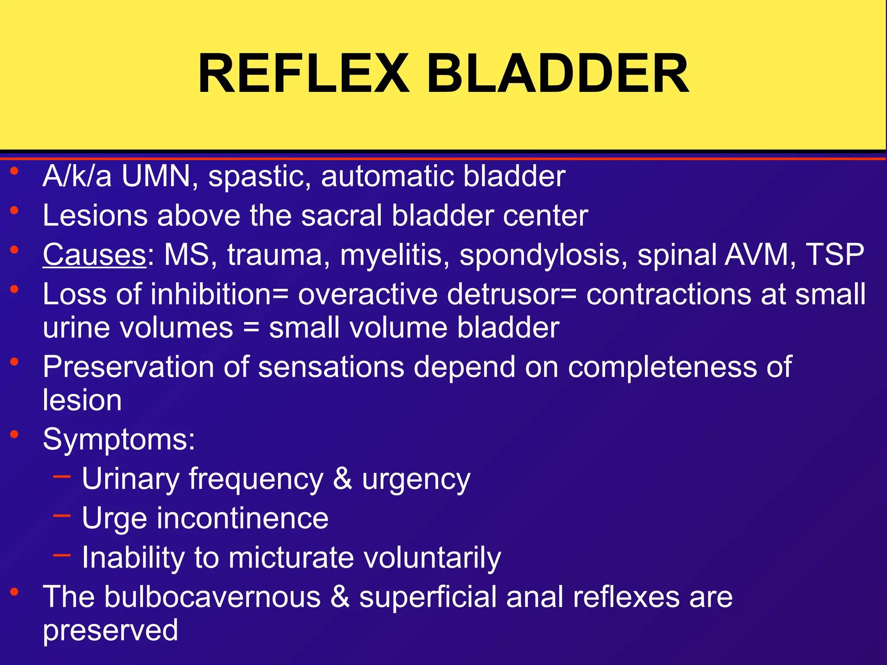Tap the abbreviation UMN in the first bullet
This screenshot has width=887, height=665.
(x=156, y=176)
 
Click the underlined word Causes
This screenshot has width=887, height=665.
(x=94, y=255)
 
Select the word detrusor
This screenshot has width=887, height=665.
(x=502, y=294)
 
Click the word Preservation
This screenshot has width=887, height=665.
(x=128, y=367)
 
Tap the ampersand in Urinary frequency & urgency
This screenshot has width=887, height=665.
(x=343, y=479)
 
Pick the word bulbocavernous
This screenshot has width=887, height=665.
(x=212, y=597)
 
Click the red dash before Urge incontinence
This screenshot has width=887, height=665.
(x=62, y=516)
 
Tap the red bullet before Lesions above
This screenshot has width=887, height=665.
(x=15, y=210)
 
